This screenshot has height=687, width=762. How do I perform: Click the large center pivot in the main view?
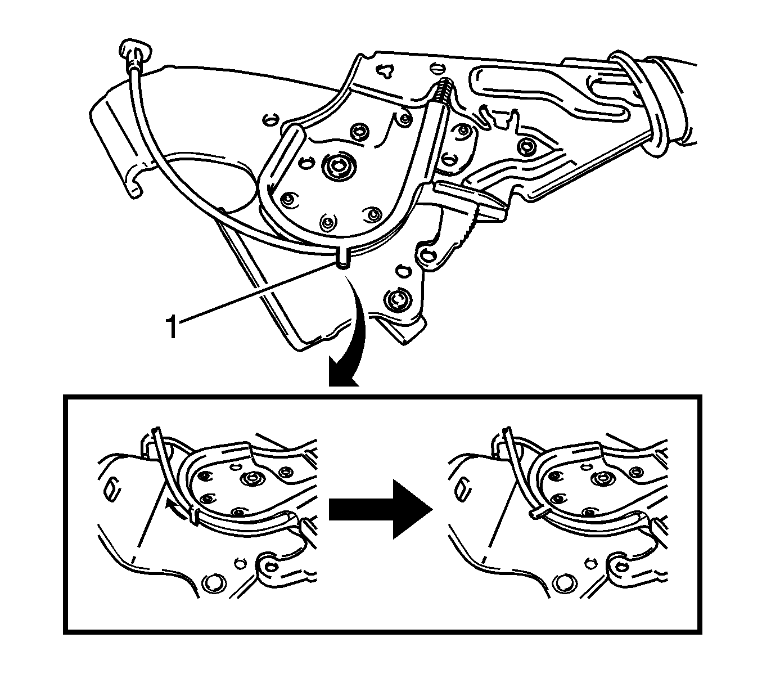339,166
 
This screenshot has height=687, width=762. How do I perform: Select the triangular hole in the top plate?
386,70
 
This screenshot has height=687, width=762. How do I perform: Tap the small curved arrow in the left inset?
176,508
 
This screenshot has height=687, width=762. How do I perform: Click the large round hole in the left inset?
215,583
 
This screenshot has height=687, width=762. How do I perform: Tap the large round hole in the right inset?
566,583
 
